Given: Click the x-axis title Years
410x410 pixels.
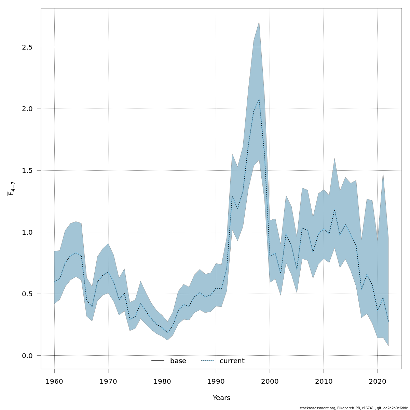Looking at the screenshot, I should click(221, 398).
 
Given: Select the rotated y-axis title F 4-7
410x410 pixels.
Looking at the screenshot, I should click(11, 189).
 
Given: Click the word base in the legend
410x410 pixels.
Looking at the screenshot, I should click(178, 361).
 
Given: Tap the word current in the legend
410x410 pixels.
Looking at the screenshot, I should click(232, 361).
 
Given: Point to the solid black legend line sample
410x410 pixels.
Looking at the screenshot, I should click(158, 361).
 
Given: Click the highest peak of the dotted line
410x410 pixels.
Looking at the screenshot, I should click(259, 100).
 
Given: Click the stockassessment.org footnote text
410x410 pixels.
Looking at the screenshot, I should click(354, 408).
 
